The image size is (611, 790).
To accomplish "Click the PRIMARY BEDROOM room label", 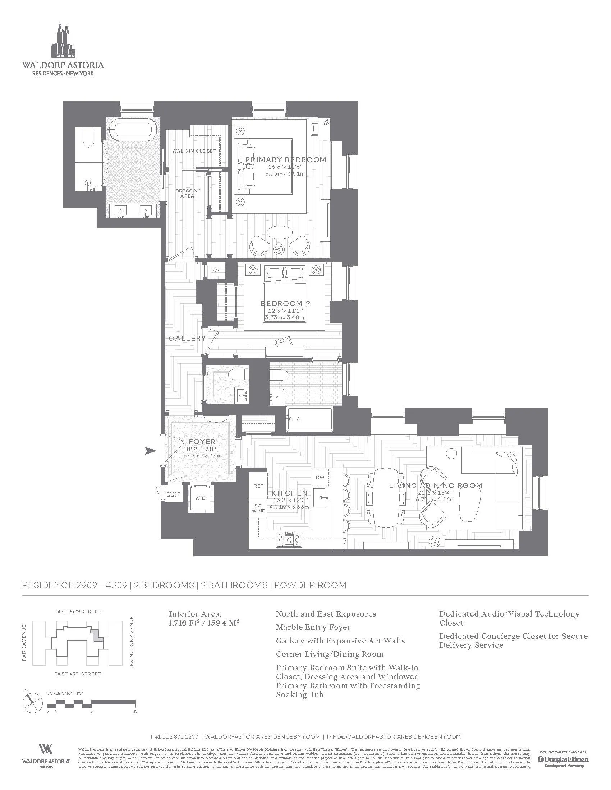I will click(285, 160).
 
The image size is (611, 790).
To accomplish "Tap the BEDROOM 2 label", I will click(286, 303).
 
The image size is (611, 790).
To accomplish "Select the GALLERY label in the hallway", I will click(187, 338).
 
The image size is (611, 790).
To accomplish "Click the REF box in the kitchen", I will click(258, 486).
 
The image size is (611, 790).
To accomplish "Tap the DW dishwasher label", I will click(320, 477).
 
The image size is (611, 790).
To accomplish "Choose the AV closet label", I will click(216, 270).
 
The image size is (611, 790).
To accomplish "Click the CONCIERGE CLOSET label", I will click(173, 494).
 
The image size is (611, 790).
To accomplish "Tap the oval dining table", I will click(386, 498).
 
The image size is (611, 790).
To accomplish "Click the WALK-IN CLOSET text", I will click(194, 151).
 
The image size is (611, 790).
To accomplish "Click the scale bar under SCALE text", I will click(91, 703).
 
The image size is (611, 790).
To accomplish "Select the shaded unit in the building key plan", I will click(96, 636).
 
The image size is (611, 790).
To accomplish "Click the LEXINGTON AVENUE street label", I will click(132, 642).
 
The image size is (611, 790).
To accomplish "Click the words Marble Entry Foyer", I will click(313, 627).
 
